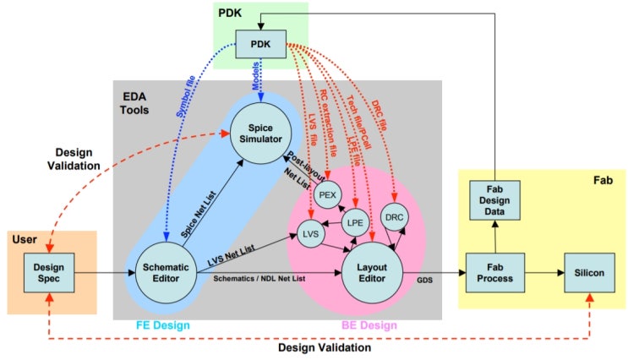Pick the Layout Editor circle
pyautogui.click(x=371, y=271)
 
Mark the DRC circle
pyautogui.click(x=395, y=216)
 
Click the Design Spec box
pyautogui.click(x=52, y=273)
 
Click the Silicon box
pyautogui.click(x=589, y=273)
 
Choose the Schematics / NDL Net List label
pyautogui.click(x=259, y=278)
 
